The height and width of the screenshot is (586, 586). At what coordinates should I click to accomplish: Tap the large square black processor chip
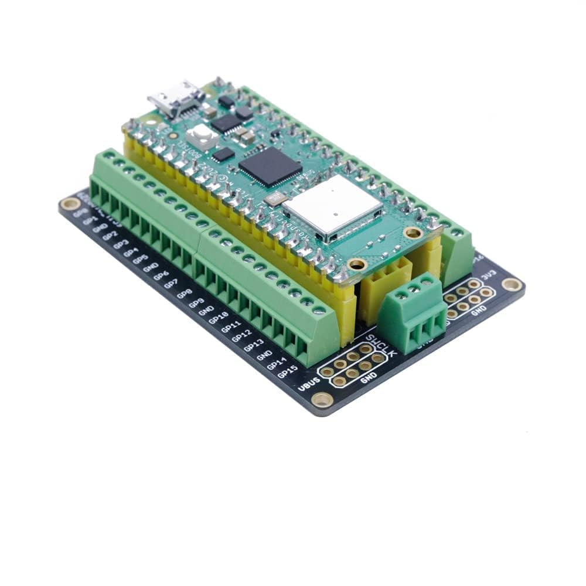[x=270, y=163]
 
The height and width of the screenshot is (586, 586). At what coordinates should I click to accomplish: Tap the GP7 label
[x=171, y=284]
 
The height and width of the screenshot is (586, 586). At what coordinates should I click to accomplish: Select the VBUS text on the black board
[x=309, y=386]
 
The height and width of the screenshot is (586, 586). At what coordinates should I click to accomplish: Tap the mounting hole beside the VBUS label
[x=322, y=400]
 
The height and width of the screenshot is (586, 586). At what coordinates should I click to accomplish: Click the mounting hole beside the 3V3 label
[x=511, y=284]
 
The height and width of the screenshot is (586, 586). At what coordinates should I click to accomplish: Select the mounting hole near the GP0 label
[x=70, y=204]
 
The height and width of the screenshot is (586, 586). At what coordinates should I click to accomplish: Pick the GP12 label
[x=241, y=336]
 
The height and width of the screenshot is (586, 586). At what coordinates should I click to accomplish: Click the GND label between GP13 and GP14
[x=265, y=355]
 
